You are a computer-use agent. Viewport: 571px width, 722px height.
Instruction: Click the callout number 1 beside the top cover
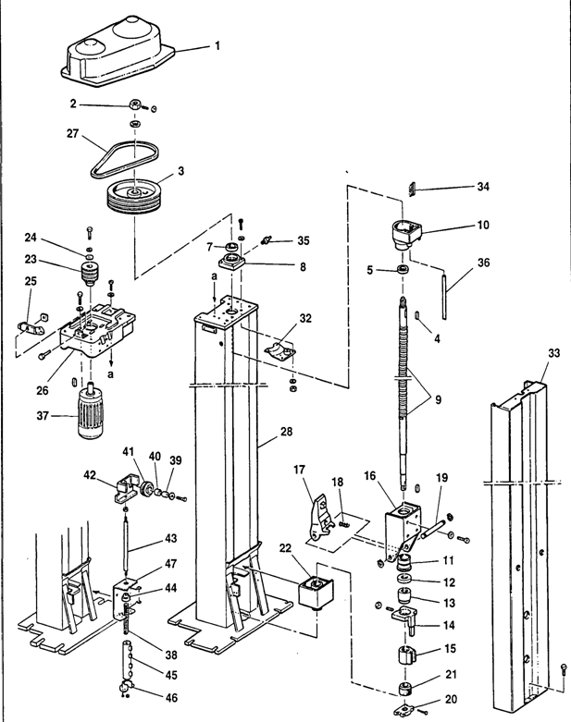pos(217,46)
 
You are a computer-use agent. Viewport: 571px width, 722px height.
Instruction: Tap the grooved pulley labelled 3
pos(134,197)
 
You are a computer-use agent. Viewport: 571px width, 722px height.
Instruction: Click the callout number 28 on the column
pos(286,432)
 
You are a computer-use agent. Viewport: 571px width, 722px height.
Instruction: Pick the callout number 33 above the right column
pos(554,353)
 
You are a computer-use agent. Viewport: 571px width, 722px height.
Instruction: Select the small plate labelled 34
pos(413,190)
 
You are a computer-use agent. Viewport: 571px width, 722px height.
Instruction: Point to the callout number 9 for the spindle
pos(438,399)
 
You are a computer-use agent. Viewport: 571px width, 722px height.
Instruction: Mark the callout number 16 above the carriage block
pos(370,476)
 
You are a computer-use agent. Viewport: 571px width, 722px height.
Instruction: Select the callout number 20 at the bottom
pos(451,699)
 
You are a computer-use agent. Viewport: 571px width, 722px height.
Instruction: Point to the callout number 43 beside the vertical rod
pos(171,538)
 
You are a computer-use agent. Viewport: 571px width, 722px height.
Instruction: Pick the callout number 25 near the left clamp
pos(31,281)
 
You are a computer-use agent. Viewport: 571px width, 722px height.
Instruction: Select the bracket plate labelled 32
pos(280,351)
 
